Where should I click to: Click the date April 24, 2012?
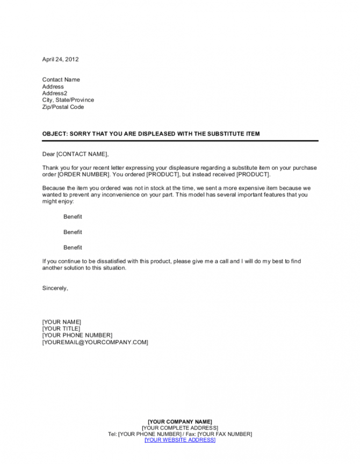coord(60,59)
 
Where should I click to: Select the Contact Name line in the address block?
coord(61,79)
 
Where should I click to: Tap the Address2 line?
coord(54,93)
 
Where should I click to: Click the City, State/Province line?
coord(68,100)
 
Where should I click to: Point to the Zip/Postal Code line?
coord(63,107)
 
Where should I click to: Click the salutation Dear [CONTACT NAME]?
coord(75,154)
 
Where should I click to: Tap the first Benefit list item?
coord(73,217)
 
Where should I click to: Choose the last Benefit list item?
coord(73,248)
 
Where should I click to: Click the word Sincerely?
coord(55,288)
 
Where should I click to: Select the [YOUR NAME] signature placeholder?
coord(61,322)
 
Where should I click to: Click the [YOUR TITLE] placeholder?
coord(61,329)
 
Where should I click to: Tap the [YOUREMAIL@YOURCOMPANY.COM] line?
coord(95,342)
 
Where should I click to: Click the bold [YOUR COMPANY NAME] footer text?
coord(179,421)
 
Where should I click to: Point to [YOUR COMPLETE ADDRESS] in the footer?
coord(179,427)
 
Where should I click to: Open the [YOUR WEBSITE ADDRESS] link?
coord(179,440)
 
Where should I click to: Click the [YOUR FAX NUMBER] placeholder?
coord(225,434)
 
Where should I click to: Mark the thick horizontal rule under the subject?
coord(179,141)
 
